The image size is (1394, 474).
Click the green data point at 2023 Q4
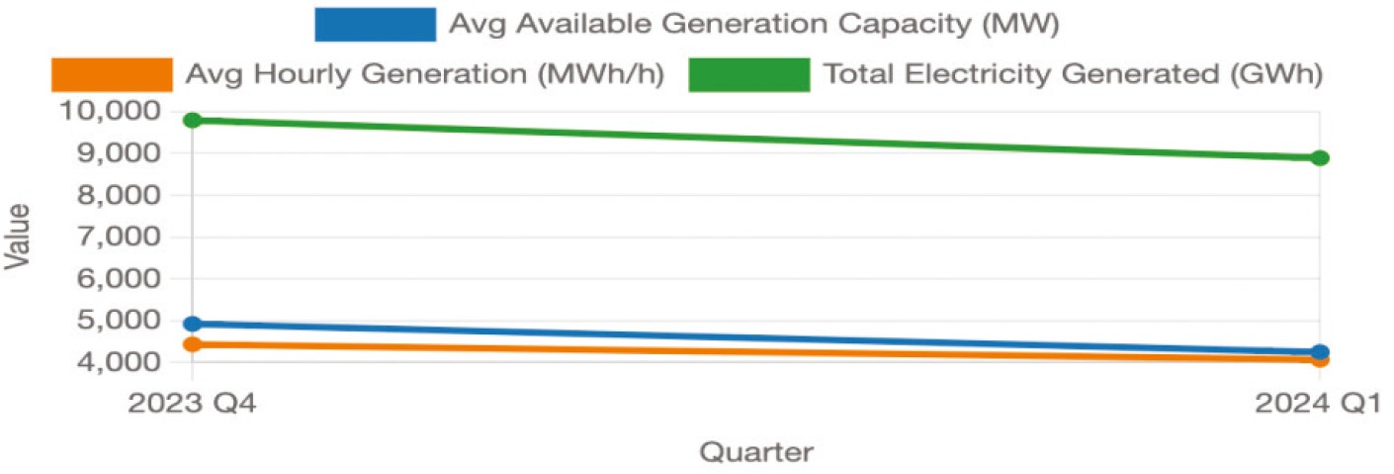pos(193,120)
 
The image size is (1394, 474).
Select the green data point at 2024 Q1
pos(1320,157)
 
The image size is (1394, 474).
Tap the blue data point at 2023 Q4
pos(193,324)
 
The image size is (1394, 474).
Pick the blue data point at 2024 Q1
pos(1320,351)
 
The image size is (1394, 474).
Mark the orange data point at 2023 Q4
pos(193,344)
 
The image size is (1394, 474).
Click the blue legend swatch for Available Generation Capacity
pos(375,24)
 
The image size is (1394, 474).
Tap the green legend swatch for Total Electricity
pos(748,74)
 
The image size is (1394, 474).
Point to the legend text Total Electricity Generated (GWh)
pos(1073,74)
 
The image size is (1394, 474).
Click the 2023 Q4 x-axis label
pos(193,404)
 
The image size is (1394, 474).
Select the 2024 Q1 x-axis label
pos(1320,404)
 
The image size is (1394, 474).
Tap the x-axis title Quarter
pos(756,452)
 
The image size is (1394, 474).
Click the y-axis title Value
pos(17,237)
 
